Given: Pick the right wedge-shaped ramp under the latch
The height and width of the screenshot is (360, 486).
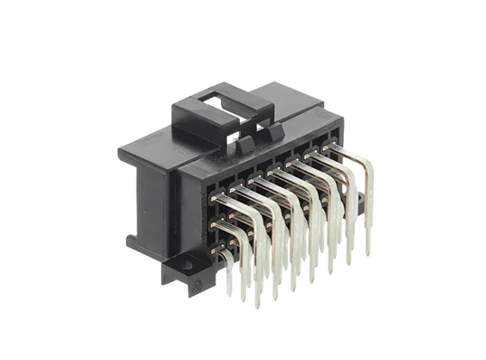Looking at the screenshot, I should point(270,134).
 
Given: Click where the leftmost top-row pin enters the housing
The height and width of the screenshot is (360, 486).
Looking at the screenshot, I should point(215,196).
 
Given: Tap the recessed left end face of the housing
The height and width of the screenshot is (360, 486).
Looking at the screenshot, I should point(149,204).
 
